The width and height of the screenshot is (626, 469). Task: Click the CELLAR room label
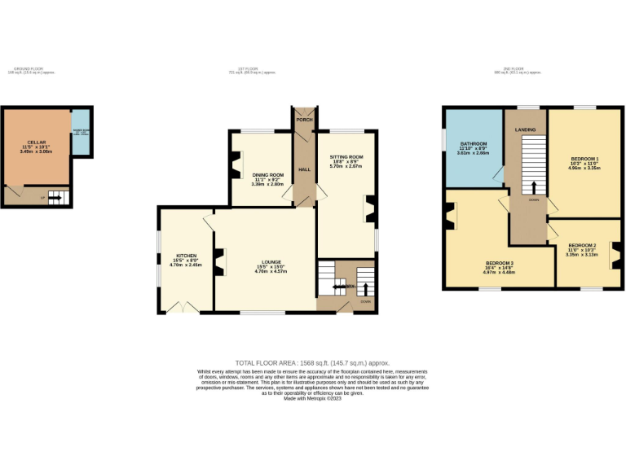(37, 142)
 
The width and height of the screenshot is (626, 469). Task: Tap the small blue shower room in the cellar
(82, 132)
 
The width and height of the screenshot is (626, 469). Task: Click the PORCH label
(304, 120)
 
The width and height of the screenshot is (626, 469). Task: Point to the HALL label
(304, 169)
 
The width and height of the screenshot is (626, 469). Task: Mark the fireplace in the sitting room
(369, 209)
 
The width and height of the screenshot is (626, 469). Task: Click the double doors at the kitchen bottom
(180, 307)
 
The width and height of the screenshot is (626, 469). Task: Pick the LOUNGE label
(271, 262)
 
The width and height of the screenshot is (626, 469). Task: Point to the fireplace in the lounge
(219, 263)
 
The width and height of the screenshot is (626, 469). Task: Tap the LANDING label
(525, 129)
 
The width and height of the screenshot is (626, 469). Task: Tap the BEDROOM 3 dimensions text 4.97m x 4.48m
(500, 273)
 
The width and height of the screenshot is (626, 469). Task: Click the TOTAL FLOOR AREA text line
(312, 362)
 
